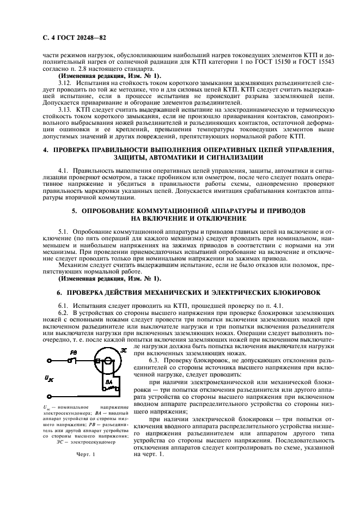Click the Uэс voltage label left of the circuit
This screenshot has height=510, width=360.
pyautogui.click(x=49, y=377)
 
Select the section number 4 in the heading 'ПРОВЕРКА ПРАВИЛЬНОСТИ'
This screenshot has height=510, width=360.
pyautogui.click(x=45, y=149)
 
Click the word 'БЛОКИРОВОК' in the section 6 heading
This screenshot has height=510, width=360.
pyautogui.click(x=295, y=293)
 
